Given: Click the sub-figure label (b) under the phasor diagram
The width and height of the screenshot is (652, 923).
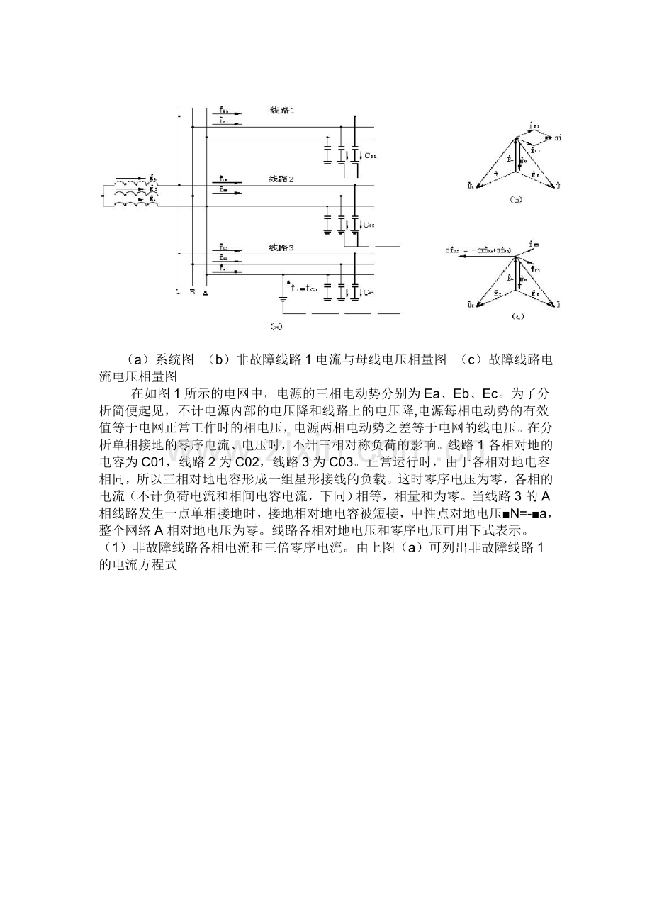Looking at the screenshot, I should (x=515, y=201).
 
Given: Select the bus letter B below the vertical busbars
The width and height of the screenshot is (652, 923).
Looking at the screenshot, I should (x=191, y=291).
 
